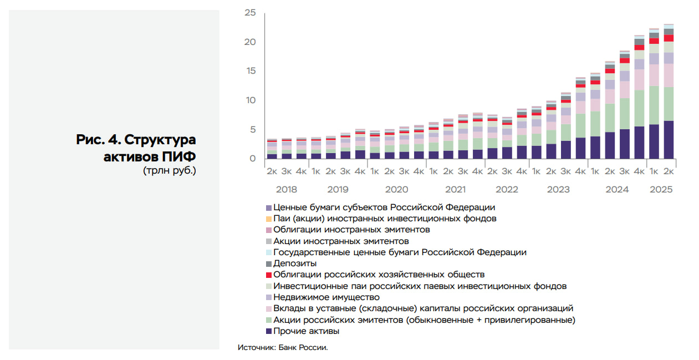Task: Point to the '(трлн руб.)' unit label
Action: click(169, 170)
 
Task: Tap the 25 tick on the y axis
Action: click(249, 12)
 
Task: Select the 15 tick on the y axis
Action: click(249, 71)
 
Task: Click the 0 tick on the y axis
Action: click(253, 159)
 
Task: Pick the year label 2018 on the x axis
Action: click(286, 190)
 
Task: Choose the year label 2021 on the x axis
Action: click(455, 190)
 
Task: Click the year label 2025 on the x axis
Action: click(661, 190)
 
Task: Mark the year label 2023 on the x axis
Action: click(558, 190)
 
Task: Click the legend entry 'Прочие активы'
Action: click(306, 331)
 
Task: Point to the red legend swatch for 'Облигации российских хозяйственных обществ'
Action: click(269, 275)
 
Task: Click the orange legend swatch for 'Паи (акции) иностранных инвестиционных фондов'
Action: click(269, 219)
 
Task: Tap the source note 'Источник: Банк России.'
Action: click(283, 348)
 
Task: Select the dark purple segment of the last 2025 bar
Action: click(669, 140)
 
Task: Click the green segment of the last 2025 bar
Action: click(669, 104)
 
